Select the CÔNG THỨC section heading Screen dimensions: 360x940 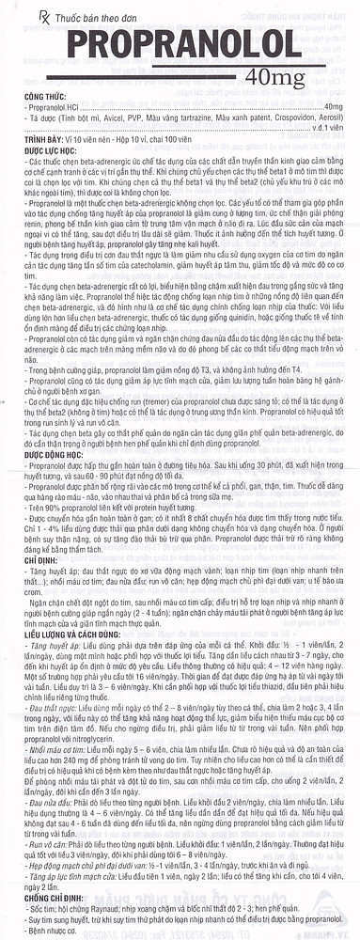[x=24, y=97]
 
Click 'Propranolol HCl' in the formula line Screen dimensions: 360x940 [x=42, y=108]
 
